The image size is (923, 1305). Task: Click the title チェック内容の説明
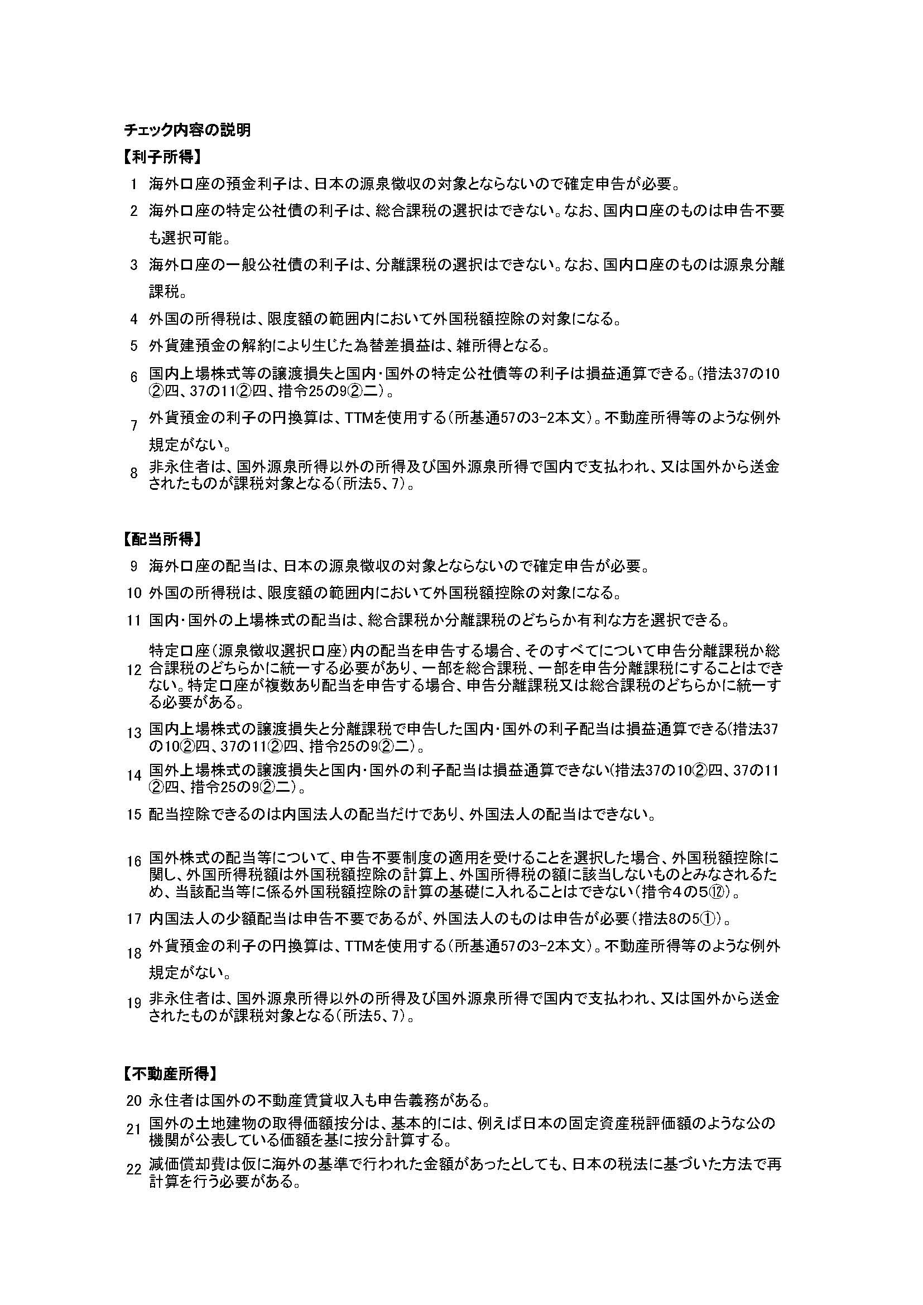[x=187, y=130]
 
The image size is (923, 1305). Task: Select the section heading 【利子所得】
[x=162, y=157]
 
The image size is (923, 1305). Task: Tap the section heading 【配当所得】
[x=162, y=539]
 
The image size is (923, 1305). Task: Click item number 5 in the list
[x=134, y=345]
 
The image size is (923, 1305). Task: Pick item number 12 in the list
[x=134, y=670]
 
